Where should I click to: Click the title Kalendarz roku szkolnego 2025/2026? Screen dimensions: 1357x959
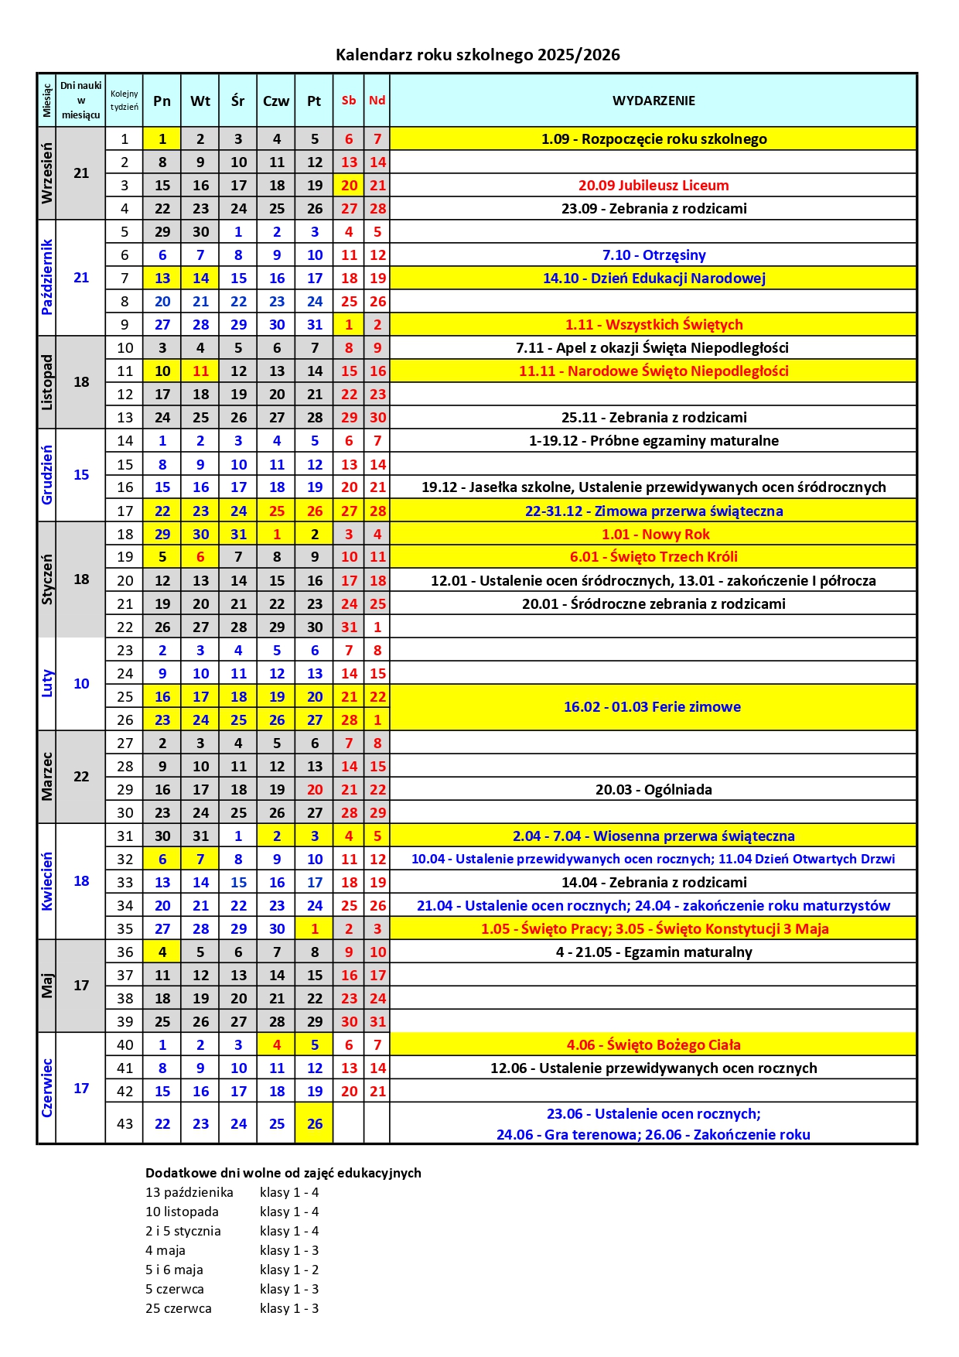pos(477,55)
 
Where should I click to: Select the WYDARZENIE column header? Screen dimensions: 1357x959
pos(654,101)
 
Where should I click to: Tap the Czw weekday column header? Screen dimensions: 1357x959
pos(276,101)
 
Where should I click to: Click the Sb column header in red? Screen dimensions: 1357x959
pos(349,101)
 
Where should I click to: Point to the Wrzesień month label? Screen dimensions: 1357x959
pos(47,173)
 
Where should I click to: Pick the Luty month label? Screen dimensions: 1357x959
pos(47,684)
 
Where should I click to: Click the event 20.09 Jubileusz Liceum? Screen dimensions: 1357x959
pos(654,186)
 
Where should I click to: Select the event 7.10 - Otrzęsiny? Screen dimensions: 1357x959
pos(654,255)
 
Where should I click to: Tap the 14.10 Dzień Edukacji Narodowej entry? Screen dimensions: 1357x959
pos(654,279)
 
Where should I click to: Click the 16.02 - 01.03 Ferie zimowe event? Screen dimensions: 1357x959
pos(652,707)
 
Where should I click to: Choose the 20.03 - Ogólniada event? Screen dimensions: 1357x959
pos(654,790)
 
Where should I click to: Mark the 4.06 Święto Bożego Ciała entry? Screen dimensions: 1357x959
pos(654,1045)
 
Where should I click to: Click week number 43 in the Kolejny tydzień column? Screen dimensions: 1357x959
pos(125,1123)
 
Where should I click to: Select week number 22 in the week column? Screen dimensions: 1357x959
pos(125,627)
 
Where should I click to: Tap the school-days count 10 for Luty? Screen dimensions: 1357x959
pos(81,684)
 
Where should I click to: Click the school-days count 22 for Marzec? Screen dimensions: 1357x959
pos(81,777)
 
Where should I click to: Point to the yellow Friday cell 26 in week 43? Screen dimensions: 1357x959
pos(314,1123)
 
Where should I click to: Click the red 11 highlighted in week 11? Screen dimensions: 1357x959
pos(200,371)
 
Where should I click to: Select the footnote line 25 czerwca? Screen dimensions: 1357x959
pos(179,1308)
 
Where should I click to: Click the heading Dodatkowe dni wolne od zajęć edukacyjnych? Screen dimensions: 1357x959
pos(283,1173)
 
